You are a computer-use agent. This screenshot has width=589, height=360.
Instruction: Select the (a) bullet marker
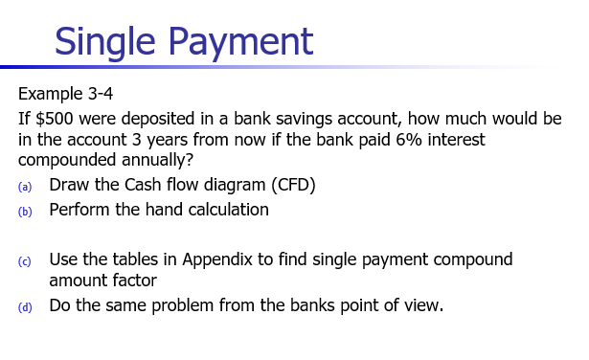[x=26, y=186]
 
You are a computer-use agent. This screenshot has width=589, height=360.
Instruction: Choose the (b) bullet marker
[x=26, y=211]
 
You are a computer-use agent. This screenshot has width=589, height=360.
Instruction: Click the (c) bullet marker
[x=26, y=260]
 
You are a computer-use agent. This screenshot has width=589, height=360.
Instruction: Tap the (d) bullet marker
[x=26, y=307]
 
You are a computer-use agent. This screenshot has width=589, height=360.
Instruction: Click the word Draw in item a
[x=69, y=185]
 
